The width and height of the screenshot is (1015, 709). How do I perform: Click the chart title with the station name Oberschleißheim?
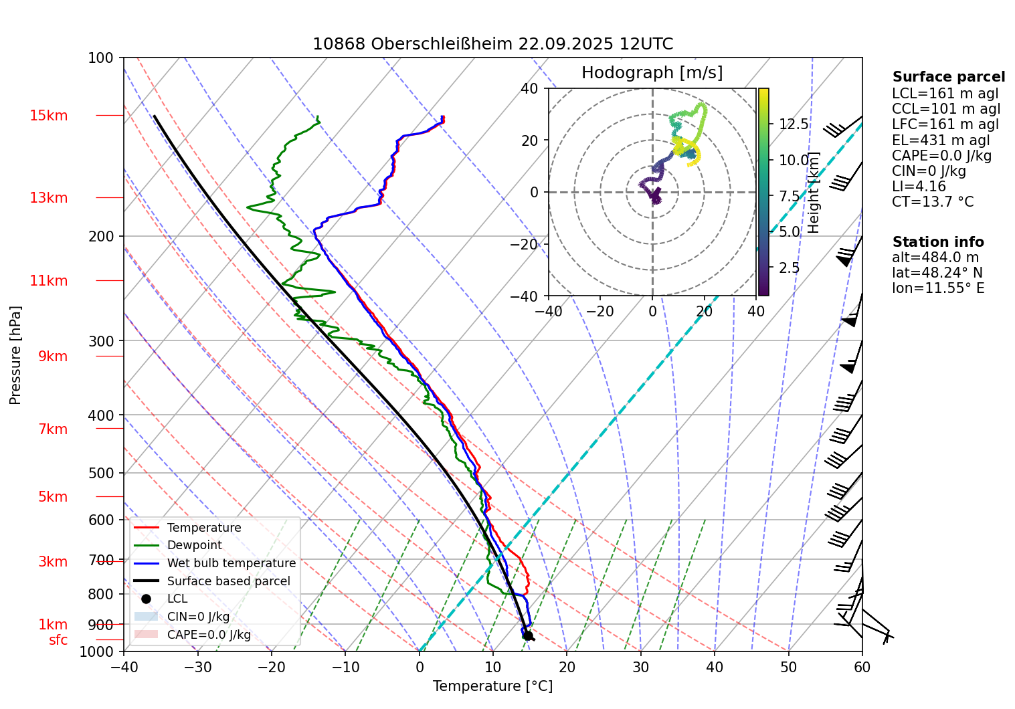(492, 44)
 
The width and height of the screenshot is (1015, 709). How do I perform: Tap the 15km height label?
(48, 116)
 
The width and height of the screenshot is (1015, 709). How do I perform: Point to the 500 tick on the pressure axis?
(101, 473)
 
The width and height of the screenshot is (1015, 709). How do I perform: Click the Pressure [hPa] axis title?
(15, 355)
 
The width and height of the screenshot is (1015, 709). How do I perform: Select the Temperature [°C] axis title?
(492, 686)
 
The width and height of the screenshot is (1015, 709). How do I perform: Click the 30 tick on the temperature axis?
(640, 666)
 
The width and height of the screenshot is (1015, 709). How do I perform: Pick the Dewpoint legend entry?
(194, 545)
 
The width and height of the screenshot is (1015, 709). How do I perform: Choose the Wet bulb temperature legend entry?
(231, 563)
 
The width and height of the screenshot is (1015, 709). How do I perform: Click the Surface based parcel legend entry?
(228, 581)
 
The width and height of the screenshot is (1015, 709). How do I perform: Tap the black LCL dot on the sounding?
(528, 635)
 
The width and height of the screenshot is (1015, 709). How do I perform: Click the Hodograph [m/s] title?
(652, 73)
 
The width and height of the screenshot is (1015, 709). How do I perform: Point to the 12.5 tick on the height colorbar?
(794, 124)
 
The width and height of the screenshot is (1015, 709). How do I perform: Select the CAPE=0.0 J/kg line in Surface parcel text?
(941, 156)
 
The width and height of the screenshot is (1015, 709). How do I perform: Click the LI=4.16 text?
(919, 187)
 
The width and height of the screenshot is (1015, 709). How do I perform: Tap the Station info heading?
(937, 242)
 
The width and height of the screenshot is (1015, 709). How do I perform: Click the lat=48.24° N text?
(936, 273)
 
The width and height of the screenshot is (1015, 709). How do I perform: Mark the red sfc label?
(58, 640)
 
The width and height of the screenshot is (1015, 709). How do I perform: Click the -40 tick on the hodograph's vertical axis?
(525, 296)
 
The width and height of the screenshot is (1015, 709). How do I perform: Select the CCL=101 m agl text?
(945, 109)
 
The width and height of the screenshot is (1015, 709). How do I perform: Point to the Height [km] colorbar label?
(814, 193)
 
